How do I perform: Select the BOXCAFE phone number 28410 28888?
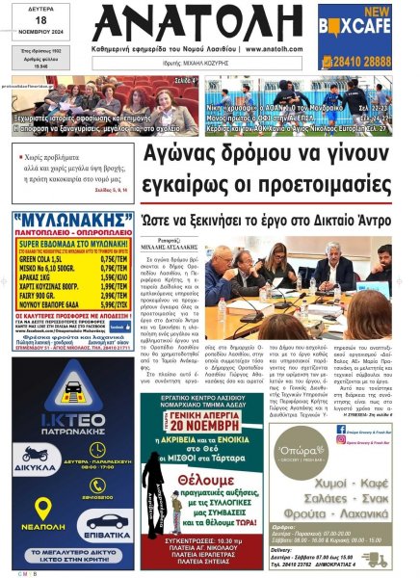click(x=369, y=60)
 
